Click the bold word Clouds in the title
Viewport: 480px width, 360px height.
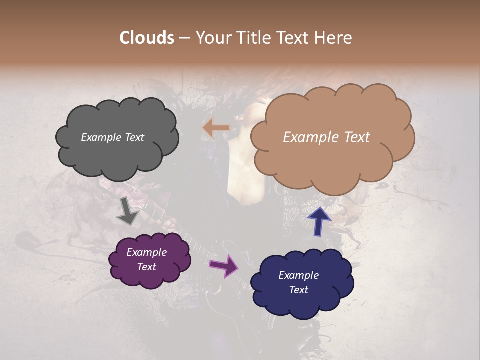tap(147, 38)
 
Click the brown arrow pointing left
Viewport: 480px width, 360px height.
tap(215, 128)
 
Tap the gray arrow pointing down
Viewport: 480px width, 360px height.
tap(128, 211)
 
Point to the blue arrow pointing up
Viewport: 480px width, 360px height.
tap(319, 221)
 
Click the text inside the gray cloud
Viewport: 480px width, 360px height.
tap(112, 137)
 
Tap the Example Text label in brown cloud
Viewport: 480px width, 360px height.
tap(326, 137)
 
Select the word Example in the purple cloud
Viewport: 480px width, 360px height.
tap(146, 252)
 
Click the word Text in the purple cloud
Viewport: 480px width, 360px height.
tap(146, 267)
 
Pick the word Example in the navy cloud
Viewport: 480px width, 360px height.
tap(298, 275)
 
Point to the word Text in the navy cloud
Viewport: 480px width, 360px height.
tap(298, 290)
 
